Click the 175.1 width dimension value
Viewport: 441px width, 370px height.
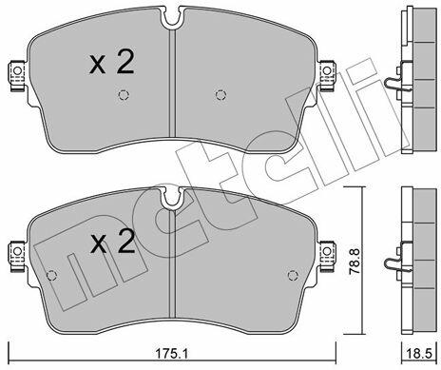pos(171,354)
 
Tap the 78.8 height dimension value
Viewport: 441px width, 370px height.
pos(355,262)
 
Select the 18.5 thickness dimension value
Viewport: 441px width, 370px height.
pos(418,354)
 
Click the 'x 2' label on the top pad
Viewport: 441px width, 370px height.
pos(112,63)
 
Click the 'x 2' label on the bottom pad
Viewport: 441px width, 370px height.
pos(112,242)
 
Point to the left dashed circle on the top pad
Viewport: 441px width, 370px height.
pos(124,95)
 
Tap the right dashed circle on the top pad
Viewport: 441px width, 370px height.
pos(220,95)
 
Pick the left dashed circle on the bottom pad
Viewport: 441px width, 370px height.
pos(51,275)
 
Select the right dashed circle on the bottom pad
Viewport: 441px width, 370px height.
pos(293,275)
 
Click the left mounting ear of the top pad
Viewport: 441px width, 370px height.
pos(16,75)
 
